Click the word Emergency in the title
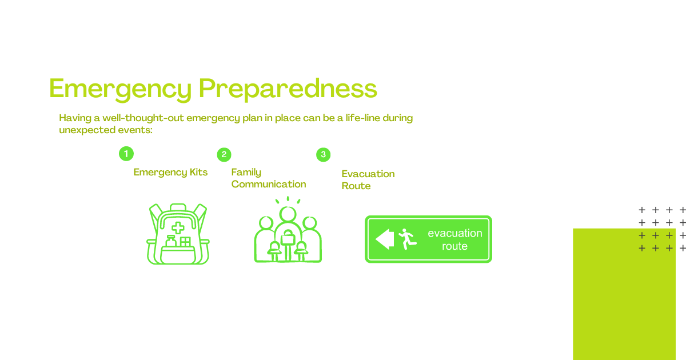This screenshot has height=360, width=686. [x=120, y=90]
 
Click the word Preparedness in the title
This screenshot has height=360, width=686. [x=288, y=90]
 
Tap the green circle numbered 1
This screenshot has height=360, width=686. [x=126, y=154]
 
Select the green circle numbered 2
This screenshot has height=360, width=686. [x=224, y=155]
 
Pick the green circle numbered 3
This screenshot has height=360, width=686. [x=324, y=155]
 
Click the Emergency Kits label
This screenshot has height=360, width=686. [x=170, y=173]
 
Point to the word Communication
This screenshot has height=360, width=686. [x=269, y=184]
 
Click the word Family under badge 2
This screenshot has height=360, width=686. [x=246, y=173]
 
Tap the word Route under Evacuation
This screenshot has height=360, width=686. [x=356, y=186]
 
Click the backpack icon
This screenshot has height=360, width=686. [x=178, y=234]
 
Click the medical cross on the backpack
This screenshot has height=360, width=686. [x=178, y=228]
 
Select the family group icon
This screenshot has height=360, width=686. [x=288, y=230]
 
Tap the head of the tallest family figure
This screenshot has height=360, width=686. [x=288, y=214]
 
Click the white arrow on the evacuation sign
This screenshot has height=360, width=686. [x=385, y=239]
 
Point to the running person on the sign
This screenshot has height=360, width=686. [x=407, y=239]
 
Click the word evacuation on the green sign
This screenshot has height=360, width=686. [x=455, y=233]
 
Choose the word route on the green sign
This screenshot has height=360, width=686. [x=455, y=246]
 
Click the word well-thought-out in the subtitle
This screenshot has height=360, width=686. [x=143, y=118]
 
